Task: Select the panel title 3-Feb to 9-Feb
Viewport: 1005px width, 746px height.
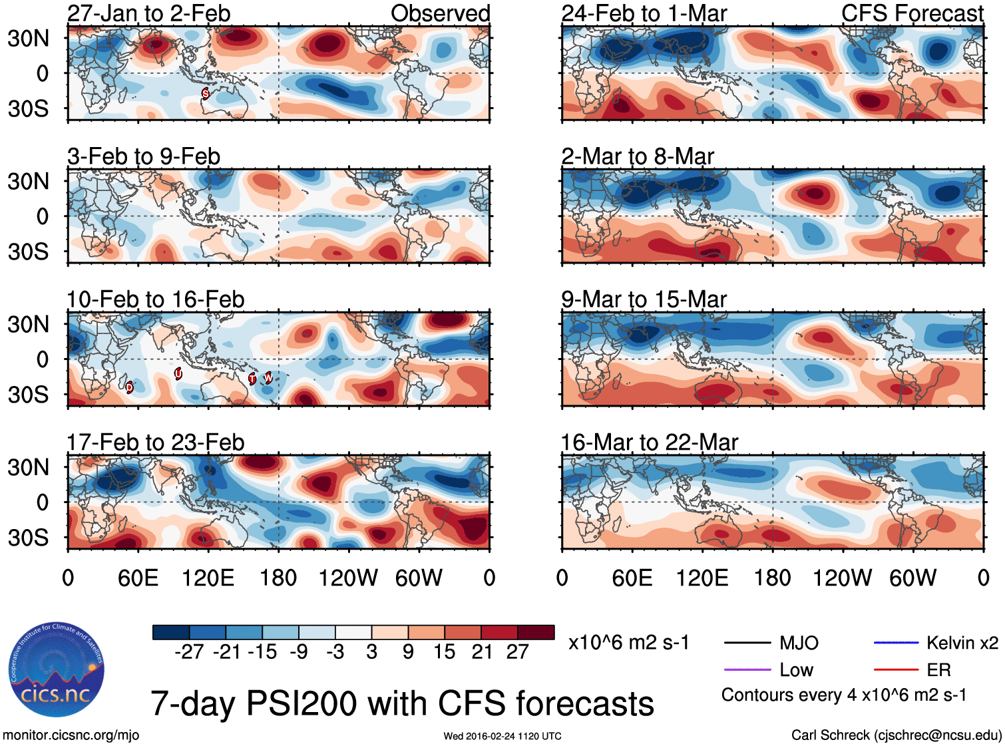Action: point(144,156)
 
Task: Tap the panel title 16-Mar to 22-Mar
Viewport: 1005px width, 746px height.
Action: point(649,443)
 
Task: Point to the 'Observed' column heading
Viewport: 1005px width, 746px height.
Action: point(440,13)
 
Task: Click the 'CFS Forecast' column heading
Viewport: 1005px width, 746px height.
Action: point(912,13)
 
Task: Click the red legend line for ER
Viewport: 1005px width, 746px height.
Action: point(896,669)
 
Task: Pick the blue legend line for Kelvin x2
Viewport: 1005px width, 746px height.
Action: point(896,642)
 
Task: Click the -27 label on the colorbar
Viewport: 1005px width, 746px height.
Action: point(189,652)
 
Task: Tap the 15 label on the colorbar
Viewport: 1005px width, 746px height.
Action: point(444,652)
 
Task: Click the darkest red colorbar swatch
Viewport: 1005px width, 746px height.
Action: point(536,632)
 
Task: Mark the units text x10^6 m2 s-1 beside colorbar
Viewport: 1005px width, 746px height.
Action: point(628,643)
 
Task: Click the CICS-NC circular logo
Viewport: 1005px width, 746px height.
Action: point(57,669)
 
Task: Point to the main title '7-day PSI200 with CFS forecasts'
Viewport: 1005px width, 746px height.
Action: point(402,703)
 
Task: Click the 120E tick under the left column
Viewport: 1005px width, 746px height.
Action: point(208,578)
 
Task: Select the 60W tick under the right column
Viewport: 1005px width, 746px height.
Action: point(912,578)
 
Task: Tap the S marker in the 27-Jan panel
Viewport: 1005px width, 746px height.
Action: point(205,94)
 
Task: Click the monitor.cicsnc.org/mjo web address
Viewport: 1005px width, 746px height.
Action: point(71,735)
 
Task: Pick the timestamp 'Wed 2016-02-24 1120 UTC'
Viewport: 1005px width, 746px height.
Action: point(502,736)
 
